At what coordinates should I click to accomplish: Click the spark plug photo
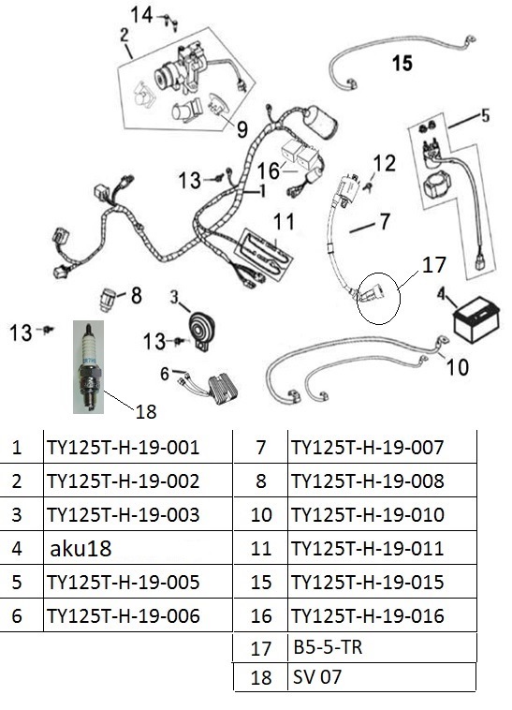(x=88, y=367)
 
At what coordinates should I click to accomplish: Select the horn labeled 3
(x=201, y=331)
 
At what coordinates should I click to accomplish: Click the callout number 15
(x=402, y=63)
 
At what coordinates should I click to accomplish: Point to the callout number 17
(x=433, y=265)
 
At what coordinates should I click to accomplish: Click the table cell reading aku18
(x=80, y=548)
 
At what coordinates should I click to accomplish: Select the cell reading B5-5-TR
(x=328, y=647)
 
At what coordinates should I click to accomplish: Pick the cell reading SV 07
(x=317, y=677)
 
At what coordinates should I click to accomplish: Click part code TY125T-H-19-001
(x=123, y=448)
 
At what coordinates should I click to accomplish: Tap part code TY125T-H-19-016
(x=368, y=615)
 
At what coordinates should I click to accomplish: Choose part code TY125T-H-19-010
(x=368, y=515)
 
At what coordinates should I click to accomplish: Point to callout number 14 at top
(x=142, y=15)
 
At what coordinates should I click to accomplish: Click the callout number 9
(x=242, y=129)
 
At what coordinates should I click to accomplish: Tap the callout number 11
(x=284, y=222)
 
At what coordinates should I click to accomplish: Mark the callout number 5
(x=485, y=115)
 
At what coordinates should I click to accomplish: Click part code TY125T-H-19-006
(x=123, y=615)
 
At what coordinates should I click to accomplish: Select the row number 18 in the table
(x=261, y=678)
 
